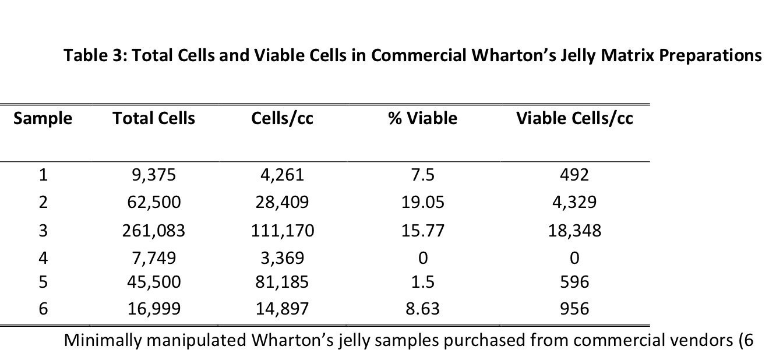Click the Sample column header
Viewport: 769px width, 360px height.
click(43, 118)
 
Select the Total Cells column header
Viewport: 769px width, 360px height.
click(154, 118)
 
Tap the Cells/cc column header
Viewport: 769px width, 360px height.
click(282, 118)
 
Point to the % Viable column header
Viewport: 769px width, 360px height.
click(422, 118)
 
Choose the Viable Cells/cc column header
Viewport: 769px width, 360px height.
click(574, 118)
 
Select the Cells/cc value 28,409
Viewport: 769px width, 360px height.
click(282, 203)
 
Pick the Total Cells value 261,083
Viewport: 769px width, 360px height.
click(154, 231)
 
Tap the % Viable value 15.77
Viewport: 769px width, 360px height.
click(422, 231)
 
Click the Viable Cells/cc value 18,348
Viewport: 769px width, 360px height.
click(574, 231)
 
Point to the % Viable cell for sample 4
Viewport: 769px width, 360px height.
click(422, 257)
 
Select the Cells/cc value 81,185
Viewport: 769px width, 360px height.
click(282, 283)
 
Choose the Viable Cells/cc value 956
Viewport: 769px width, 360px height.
click(574, 308)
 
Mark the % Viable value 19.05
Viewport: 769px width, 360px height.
click(422, 203)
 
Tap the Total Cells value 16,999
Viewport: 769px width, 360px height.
click(154, 308)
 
